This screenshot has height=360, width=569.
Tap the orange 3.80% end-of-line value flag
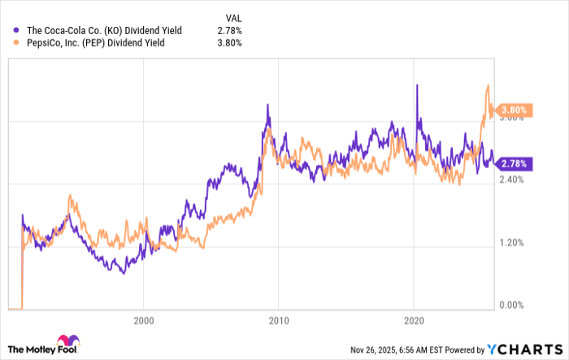point(514,110)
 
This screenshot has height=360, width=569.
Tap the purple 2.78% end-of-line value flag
point(514,163)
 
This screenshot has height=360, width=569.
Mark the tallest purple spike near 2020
point(417,85)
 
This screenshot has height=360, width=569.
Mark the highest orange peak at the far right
point(487,85)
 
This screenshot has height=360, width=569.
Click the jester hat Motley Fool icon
point(65,342)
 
